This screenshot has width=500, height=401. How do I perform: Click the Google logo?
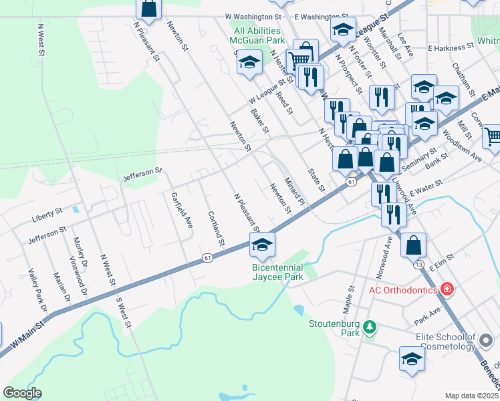23,392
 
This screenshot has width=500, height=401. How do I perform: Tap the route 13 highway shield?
419,265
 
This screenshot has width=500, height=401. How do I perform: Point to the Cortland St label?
216,228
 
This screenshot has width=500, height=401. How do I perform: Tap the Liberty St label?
46,214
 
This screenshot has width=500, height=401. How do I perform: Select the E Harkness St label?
446,48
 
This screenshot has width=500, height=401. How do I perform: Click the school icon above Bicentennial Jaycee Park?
263,245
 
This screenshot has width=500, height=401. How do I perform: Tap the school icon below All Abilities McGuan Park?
249,62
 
